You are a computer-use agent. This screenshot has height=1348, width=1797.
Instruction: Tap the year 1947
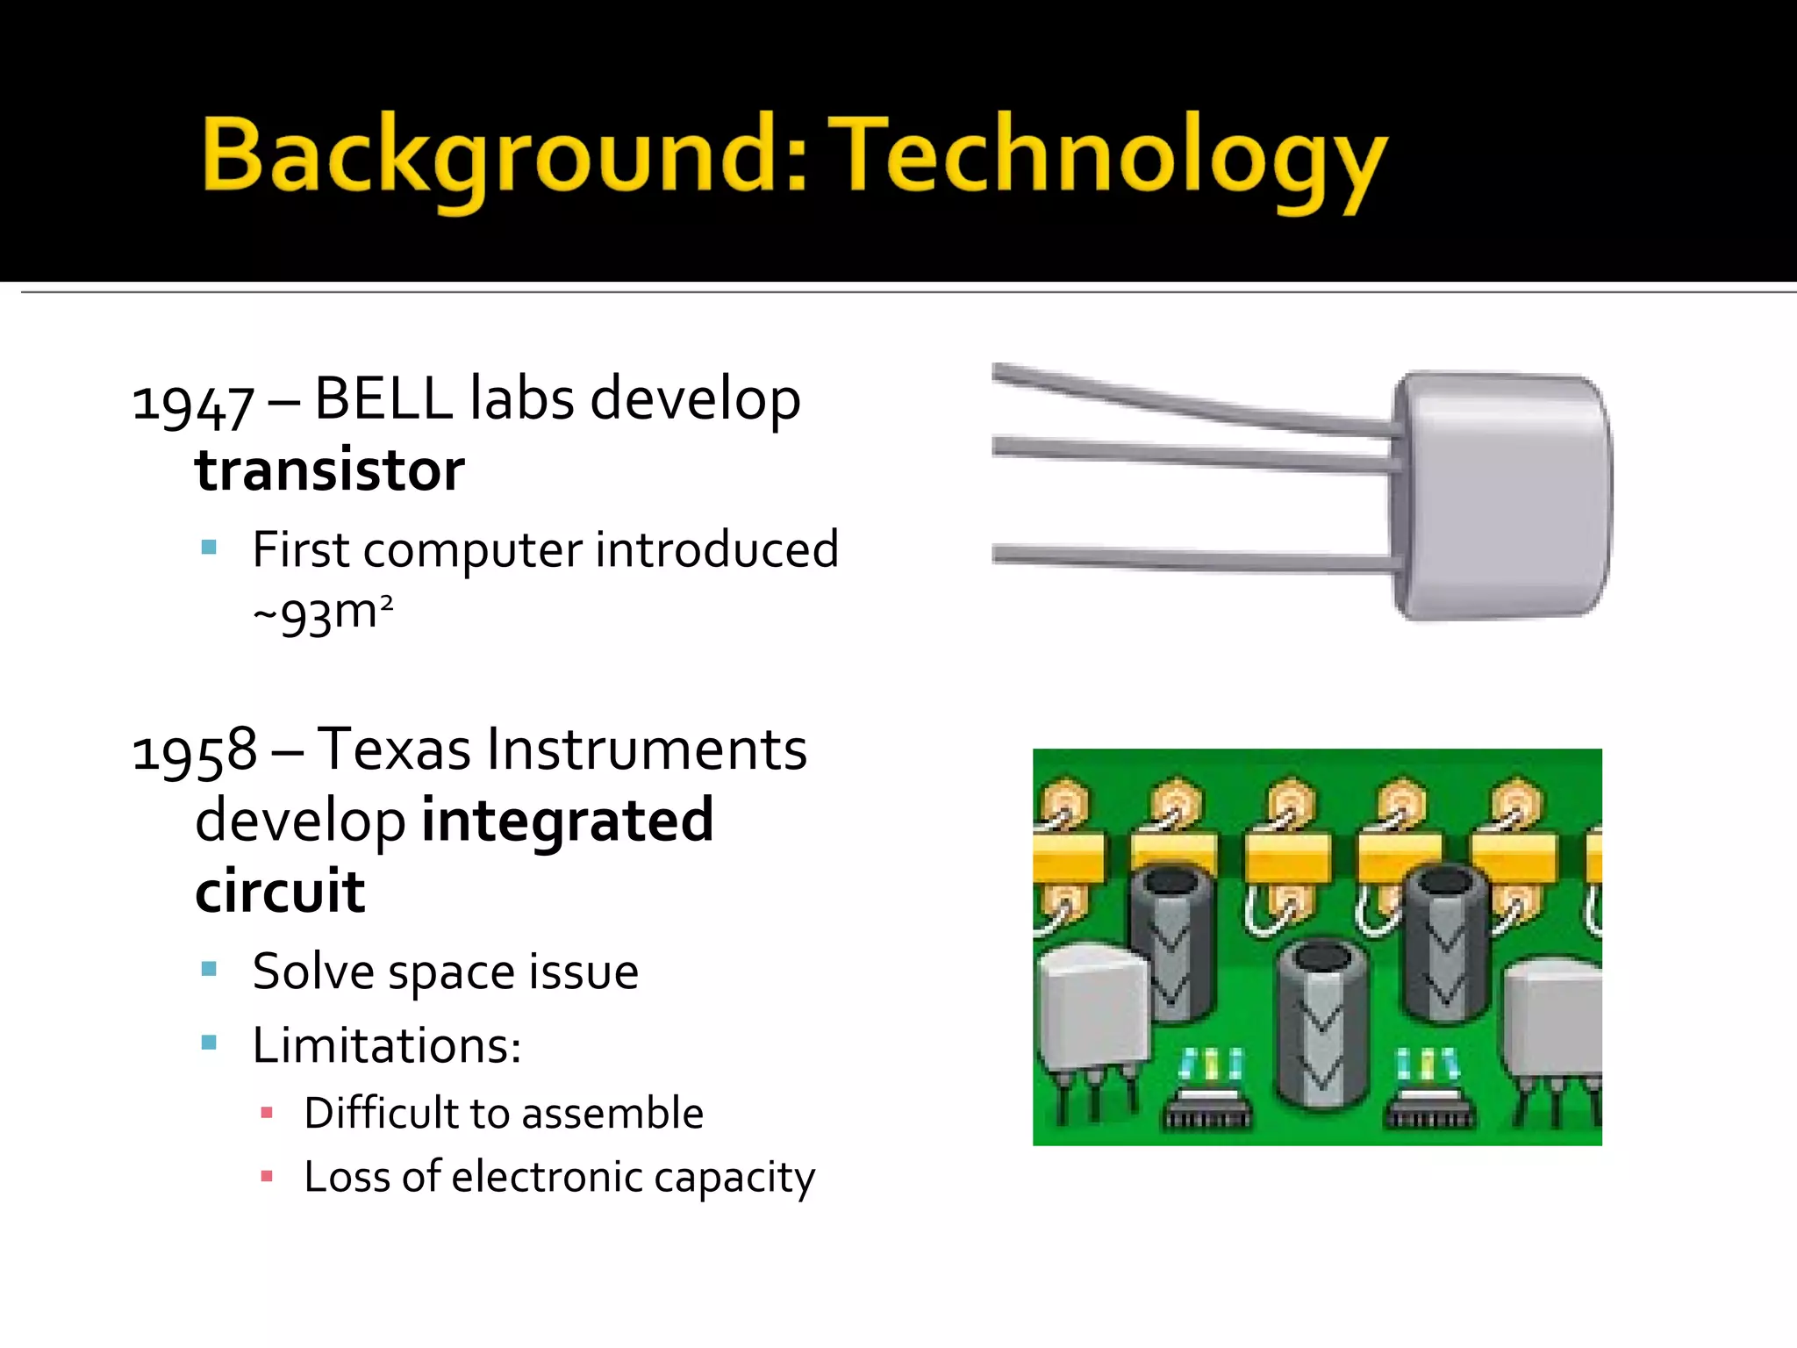click(193, 405)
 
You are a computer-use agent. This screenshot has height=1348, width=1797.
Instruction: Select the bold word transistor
click(330, 470)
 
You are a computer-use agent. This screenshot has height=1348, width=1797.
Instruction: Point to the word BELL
click(383, 399)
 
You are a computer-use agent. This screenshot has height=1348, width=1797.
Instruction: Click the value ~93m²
click(323, 613)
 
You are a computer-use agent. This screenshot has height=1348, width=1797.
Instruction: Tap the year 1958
click(195, 753)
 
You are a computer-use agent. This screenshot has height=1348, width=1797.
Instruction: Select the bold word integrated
click(568, 821)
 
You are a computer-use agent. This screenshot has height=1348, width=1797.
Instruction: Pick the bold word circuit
click(280, 892)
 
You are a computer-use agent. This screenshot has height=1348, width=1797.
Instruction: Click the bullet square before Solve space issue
click(209, 969)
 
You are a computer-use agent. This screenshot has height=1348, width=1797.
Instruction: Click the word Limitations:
click(387, 1045)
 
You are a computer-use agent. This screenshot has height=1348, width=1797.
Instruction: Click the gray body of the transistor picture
click(1501, 496)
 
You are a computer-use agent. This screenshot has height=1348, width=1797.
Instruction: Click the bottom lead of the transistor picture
click(1193, 557)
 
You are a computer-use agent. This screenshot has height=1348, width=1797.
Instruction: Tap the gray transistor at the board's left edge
click(1091, 1009)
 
